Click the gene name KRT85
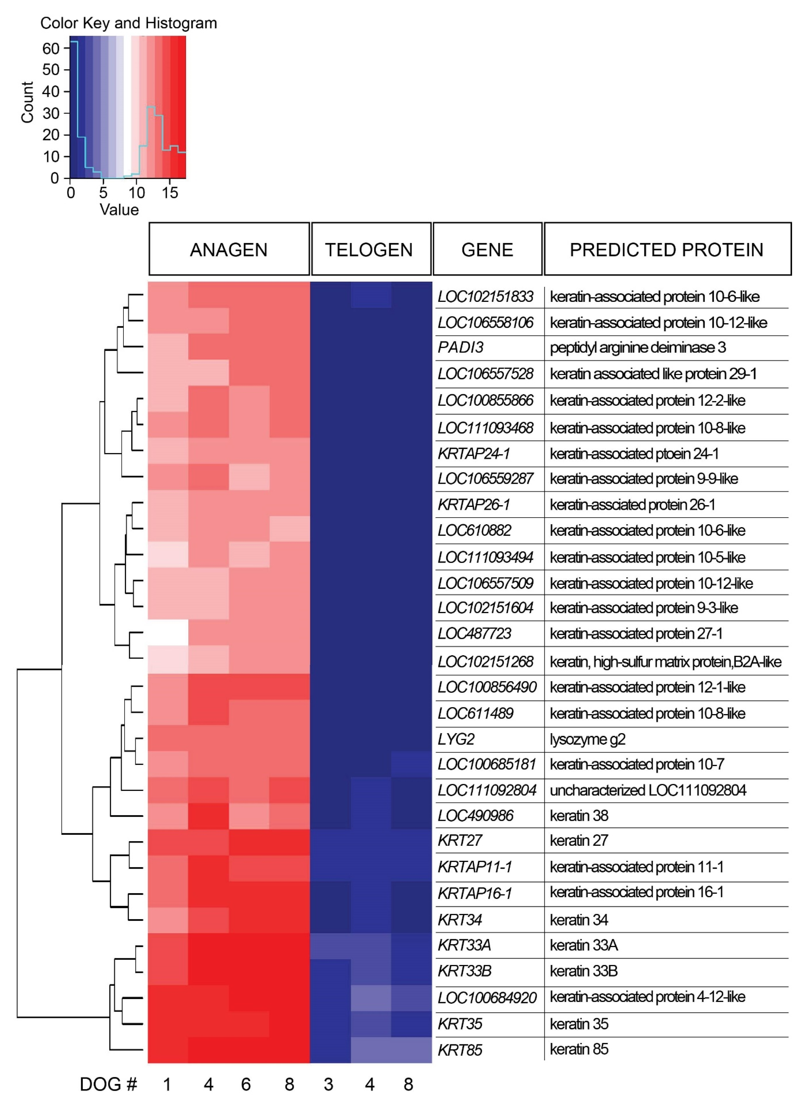(460, 1050)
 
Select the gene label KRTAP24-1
(473, 454)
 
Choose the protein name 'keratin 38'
(579, 815)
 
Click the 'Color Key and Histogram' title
(128, 23)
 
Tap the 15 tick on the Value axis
(170, 193)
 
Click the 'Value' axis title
(119, 210)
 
